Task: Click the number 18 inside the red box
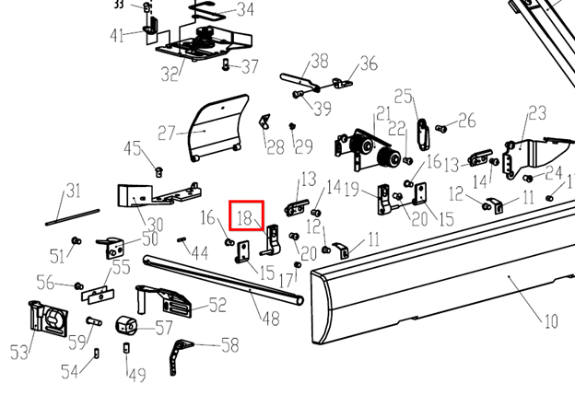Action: click(x=244, y=218)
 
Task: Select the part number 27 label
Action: click(x=166, y=131)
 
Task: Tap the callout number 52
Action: click(x=217, y=305)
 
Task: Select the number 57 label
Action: click(x=164, y=326)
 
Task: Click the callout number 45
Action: click(x=134, y=149)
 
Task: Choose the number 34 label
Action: click(x=245, y=10)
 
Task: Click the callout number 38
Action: click(x=319, y=62)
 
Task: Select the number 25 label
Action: click(x=403, y=97)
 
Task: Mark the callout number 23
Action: click(x=536, y=113)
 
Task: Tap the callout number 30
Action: click(x=155, y=224)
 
